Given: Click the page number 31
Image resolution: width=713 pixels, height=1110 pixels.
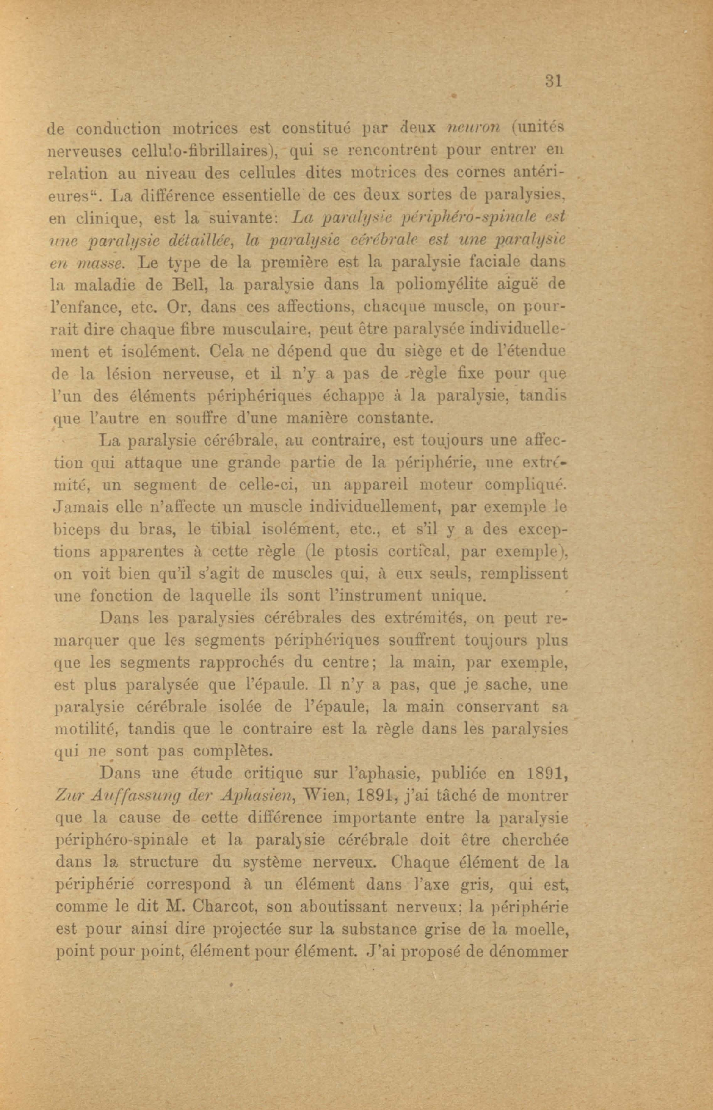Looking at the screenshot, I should pyautogui.click(x=553, y=81).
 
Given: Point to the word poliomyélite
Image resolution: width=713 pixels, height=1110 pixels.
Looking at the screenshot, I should pyautogui.click(x=471, y=285).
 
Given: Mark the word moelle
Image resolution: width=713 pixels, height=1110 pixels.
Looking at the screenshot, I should pyautogui.click(x=545, y=930).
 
